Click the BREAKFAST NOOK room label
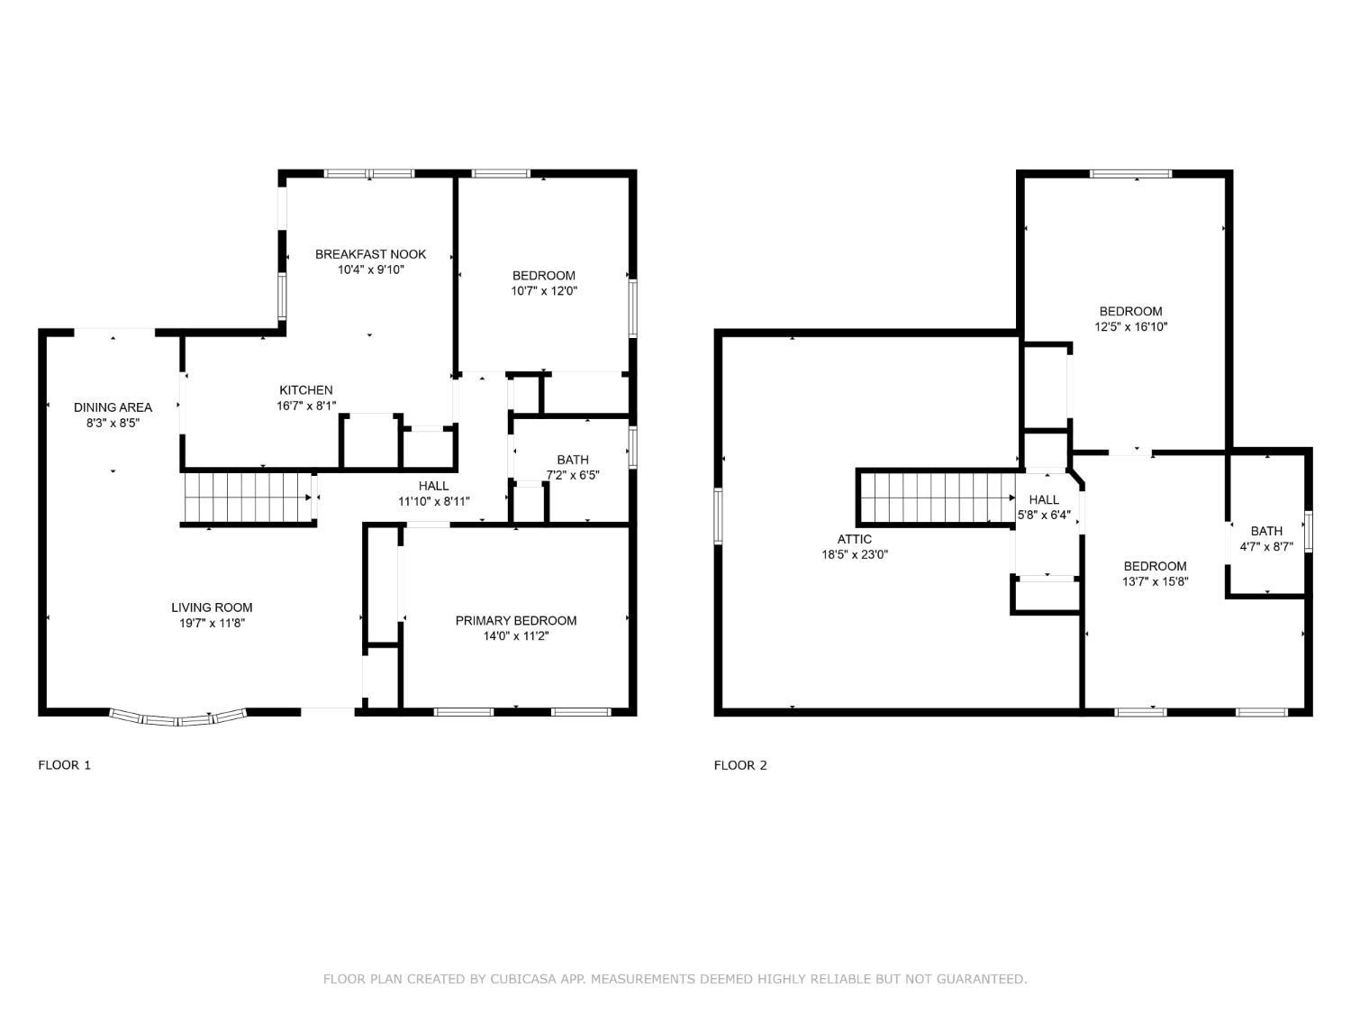tap(370, 254)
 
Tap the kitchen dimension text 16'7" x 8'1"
tap(306, 406)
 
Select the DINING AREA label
tap(113, 407)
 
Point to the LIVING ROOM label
tap(212, 607)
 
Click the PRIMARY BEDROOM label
tap(516, 621)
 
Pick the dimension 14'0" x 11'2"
tap(516, 636)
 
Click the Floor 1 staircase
tap(249, 498)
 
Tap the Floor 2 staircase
tap(937, 498)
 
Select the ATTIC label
tap(855, 539)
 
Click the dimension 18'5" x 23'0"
tap(855, 554)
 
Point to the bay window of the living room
tap(178, 717)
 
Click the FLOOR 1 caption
tap(65, 765)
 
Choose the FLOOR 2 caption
tap(740, 765)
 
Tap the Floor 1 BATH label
tap(573, 460)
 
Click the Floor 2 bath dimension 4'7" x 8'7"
tap(1266, 547)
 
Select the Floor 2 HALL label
tap(1044, 500)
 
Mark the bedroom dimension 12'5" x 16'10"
tap(1130, 327)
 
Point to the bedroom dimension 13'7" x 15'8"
tap(1155, 581)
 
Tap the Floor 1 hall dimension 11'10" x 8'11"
tap(434, 502)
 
